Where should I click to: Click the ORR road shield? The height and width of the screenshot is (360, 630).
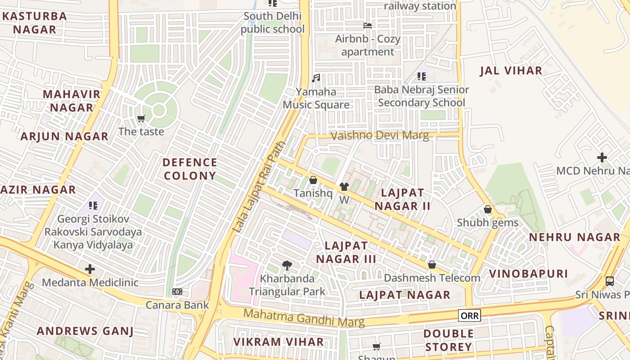[469, 315]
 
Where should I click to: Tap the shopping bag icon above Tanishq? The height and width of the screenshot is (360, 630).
[313, 180]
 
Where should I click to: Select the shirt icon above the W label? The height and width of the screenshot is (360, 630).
[344, 186]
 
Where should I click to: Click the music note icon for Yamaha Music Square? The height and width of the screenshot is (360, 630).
[316, 78]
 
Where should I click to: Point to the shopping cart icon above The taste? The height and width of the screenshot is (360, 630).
[141, 118]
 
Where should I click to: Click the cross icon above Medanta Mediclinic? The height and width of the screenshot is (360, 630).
[90, 269]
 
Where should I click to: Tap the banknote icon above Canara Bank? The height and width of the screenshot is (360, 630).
[177, 292]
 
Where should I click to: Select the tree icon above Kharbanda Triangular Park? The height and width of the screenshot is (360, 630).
[287, 265]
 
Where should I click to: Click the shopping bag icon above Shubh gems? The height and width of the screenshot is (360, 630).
[487, 209]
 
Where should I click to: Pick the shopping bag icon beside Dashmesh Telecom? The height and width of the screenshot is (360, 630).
[432, 265]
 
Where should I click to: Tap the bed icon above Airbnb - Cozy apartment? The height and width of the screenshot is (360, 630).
[368, 26]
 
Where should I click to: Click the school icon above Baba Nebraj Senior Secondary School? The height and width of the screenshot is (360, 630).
[421, 76]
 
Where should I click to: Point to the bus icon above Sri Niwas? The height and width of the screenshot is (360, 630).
[610, 281]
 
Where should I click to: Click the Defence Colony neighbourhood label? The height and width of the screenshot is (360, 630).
[189, 169]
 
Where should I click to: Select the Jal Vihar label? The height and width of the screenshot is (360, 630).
[511, 71]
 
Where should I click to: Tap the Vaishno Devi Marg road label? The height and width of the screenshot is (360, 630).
[379, 135]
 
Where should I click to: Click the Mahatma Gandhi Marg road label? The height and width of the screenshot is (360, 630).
[304, 317]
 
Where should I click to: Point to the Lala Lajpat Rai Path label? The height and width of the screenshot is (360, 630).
[259, 187]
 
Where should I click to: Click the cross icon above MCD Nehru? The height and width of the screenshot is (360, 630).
[602, 157]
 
